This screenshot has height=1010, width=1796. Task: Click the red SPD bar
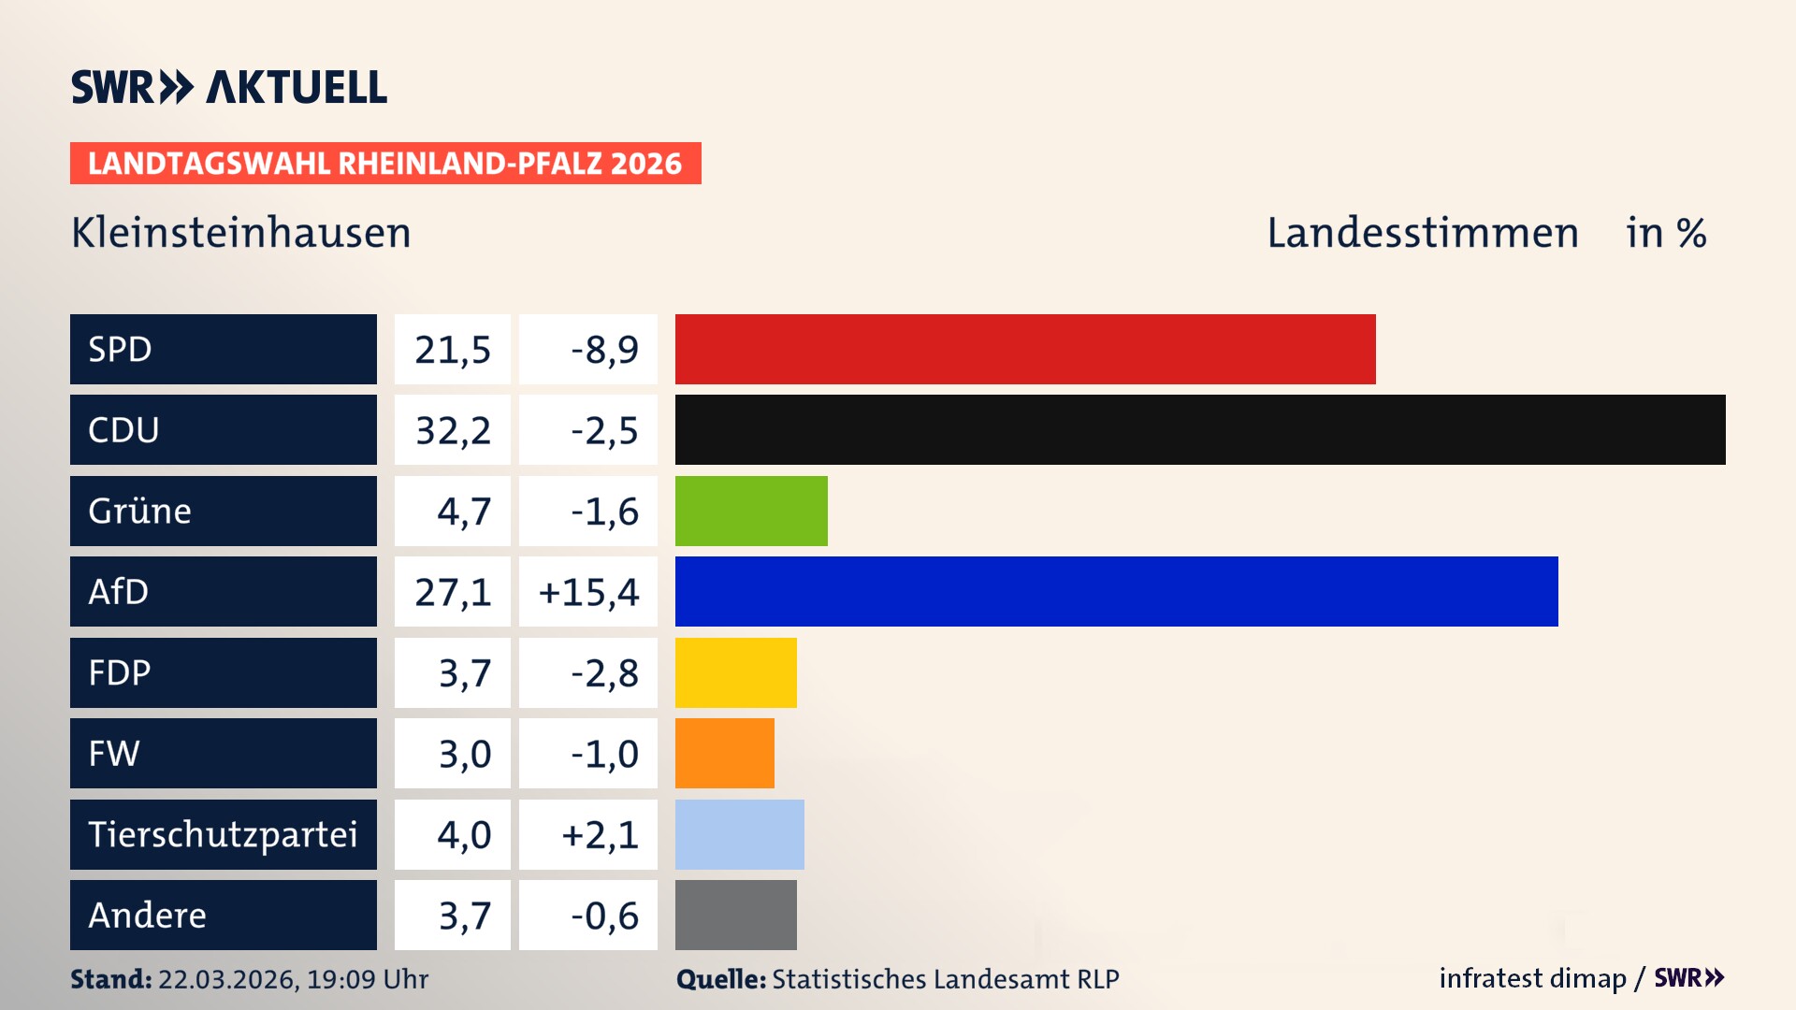pos(1025,349)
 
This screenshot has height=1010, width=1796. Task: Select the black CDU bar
pos(1200,429)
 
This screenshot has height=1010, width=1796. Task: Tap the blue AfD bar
pos(1116,591)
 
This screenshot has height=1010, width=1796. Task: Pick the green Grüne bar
pos(751,511)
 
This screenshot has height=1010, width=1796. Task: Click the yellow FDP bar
pos(735,672)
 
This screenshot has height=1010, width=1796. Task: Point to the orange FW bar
pos(724,753)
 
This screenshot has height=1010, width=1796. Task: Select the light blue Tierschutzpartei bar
pos(739,834)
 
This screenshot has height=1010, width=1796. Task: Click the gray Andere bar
pos(735,915)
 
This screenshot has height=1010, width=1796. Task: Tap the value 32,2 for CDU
pos(453,430)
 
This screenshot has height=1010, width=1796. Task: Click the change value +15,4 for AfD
pos(588,592)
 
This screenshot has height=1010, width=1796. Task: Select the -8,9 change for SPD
pos(604,350)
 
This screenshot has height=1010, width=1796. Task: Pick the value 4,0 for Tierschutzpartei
pos(464,834)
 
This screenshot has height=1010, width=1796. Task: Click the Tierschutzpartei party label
pos(223,834)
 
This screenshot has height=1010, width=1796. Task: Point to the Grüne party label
pos(140,511)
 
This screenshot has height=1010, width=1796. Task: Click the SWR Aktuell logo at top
pos(229,87)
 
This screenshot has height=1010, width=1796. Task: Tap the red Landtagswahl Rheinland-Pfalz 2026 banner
pos(385,164)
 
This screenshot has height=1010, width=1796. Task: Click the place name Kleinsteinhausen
pos(241,233)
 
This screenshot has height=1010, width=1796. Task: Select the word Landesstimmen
pos(1422,233)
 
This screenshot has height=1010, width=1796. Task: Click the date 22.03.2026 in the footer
pos(226,979)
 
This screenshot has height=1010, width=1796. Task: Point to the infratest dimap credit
pos(1531,978)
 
